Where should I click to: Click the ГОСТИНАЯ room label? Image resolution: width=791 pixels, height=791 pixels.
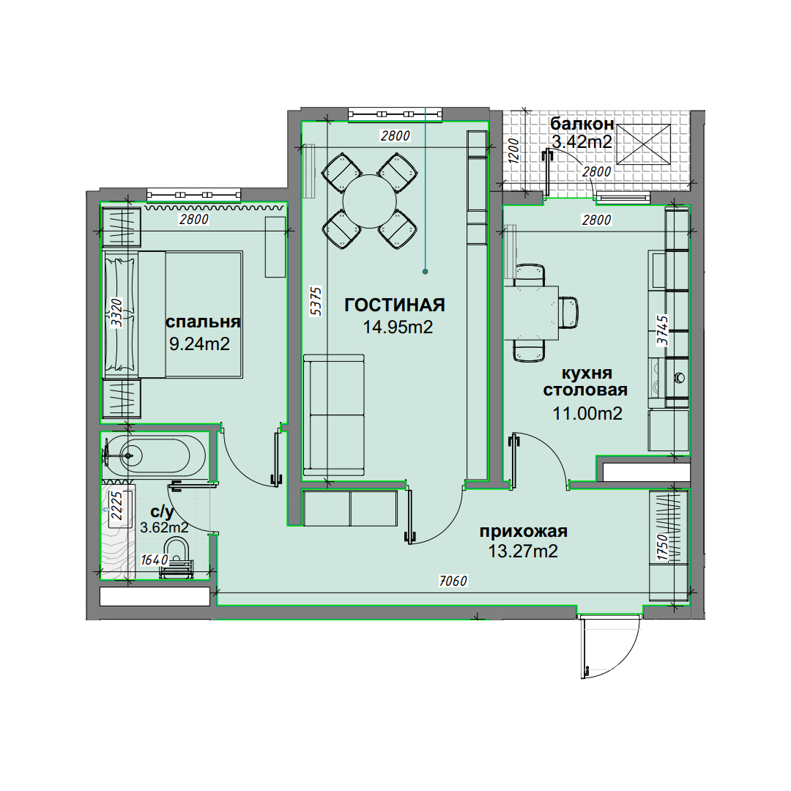tap(395, 305)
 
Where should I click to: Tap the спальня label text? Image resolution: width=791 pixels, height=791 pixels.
tap(203, 322)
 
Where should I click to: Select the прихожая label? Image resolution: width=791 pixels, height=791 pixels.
tap(523, 532)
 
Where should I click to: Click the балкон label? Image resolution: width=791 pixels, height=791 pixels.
tap(582, 124)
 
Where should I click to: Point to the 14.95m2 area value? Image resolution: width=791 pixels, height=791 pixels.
tap(398, 327)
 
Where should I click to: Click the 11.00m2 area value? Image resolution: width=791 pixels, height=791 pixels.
tap(587, 414)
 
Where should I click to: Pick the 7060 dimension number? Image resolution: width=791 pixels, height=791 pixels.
tap(453, 581)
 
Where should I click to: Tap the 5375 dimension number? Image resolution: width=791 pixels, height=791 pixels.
tap(316, 301)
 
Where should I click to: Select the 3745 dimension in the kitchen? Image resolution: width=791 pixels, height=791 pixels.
tap(662, 330)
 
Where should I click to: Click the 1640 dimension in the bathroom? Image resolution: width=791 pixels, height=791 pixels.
tap(155, 560)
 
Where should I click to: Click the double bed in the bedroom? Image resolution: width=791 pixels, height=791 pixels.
tap(173, 315)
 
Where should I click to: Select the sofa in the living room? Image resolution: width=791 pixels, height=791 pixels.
tap(333, 415)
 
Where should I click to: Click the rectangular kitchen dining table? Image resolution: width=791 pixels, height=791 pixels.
tap(532, 313)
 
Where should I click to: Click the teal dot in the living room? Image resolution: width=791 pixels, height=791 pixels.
tap(426, 272)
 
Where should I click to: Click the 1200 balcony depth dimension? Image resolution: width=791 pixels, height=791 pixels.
tap(514, 150)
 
